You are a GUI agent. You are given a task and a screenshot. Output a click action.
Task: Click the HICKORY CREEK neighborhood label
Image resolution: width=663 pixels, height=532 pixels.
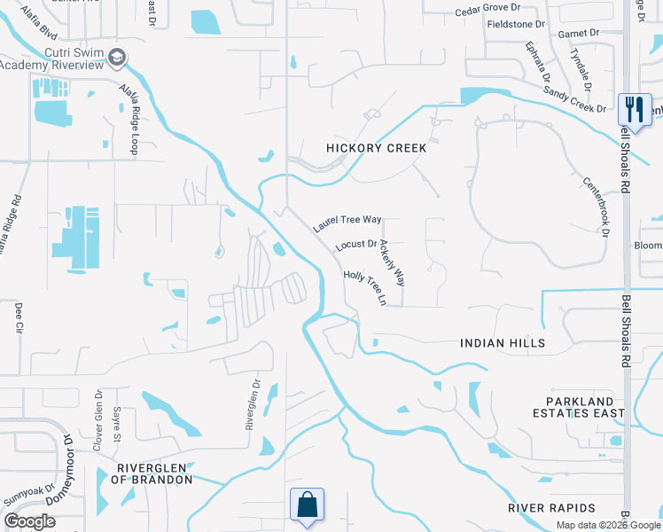point(376,148)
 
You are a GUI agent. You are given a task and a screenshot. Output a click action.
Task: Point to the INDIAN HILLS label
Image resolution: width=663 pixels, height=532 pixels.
point(503,343)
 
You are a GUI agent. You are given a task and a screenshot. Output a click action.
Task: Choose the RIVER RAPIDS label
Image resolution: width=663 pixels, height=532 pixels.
point(551,508)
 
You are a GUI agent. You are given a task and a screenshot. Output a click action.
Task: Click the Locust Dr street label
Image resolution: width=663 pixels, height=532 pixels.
point(357,244)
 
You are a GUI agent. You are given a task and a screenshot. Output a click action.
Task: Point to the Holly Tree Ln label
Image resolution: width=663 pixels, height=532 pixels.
point(365,289)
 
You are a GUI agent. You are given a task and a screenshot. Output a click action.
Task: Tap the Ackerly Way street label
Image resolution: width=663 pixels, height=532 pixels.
point(392,263)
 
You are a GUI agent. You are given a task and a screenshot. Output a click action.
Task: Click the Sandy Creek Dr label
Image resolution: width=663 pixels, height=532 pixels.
point(574,98)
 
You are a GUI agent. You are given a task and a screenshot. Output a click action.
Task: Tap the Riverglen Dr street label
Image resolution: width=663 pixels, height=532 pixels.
point(253,405)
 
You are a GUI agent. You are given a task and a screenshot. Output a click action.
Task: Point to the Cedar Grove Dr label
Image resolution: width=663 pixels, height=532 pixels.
point(485,11)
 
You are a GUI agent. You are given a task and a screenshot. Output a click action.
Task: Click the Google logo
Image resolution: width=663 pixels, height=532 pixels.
point(29,521)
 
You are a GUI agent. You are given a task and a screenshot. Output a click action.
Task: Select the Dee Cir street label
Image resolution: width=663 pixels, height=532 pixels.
point(19,319)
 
